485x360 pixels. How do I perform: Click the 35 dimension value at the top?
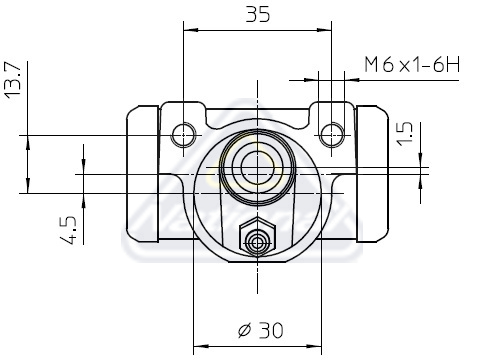pyautogui.click(x=257, y=15)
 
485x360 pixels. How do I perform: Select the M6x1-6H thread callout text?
pyautogui.click(x=412, y=65)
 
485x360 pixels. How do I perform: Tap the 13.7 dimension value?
pyautogui.click(x=13, y=80)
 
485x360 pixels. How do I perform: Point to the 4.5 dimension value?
pyautogui.click(x=68, y=230)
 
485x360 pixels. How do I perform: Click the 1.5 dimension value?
pyautogui.click(x=405, y=134)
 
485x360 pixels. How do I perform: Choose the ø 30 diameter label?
pyautogui.click(x=261, y=330)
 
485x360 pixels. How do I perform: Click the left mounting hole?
pyautogui.click(x=184, y=135)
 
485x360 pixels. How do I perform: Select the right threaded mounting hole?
pyautogui.click(x=331, y=135)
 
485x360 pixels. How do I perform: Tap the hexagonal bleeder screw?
pyautogui.click(x=257, y=237)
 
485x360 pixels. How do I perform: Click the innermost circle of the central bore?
pyautogui.click(x=257, y=167)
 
